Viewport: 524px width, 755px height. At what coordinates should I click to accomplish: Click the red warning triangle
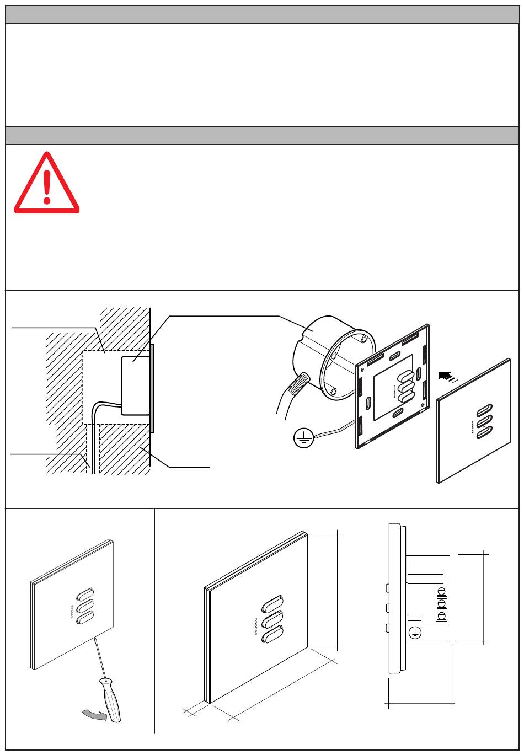pos(47,185)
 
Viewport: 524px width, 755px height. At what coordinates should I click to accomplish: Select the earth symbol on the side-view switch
pos(415,633)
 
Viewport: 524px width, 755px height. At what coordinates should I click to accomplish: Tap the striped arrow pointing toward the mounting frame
pos(446,376)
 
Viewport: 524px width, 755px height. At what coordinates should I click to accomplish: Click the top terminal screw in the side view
pos(441,591)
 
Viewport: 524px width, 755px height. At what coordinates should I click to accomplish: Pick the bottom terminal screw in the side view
pos(441,616)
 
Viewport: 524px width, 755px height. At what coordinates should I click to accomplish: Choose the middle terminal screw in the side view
pos(441,603)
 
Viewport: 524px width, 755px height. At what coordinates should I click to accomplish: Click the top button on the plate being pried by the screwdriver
pos(84,596)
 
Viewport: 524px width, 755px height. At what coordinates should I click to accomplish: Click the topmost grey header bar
pos(262,15)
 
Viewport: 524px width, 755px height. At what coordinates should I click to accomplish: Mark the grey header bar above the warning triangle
pos(262,135)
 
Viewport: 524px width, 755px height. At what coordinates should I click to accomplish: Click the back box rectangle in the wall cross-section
pos(135,385)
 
